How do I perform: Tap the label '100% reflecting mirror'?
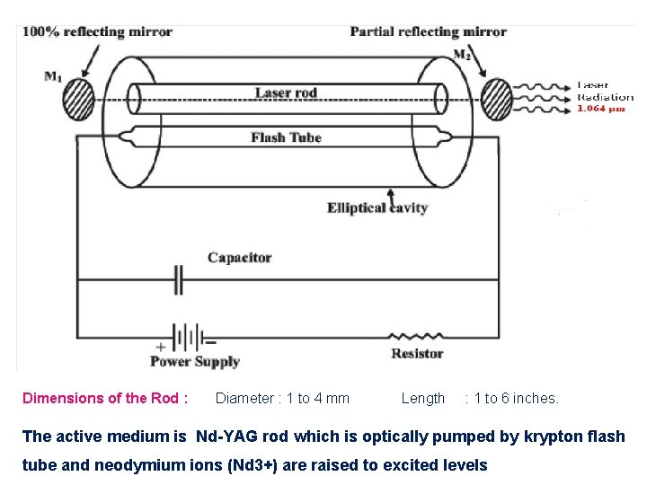tap(97, 31)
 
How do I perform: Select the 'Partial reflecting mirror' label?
tap(429, 32)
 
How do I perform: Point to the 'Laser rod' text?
tap(286, 93)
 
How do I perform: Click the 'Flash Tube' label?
tap(286, 137)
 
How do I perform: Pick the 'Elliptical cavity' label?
tap(377, 208)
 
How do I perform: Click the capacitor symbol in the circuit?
tap(179, 280)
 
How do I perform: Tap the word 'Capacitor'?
tap(239, 258)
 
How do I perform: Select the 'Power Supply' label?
tap(194, 362)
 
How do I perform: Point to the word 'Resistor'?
tap(417, 354)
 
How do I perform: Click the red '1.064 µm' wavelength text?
tap(600, 110)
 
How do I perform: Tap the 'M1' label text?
tap(53, 76)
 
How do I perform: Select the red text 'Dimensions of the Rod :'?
tap(105, 398)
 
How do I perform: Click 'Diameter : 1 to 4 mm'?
tap(282, 398)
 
